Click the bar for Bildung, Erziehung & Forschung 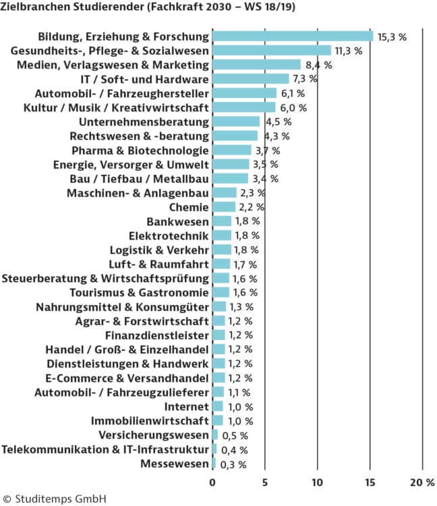click(x=292, y=36)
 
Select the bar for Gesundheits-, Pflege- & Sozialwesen click(x=271, y=50)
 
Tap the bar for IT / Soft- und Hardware click(x=250, y=79)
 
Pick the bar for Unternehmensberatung click(x=235, y=121)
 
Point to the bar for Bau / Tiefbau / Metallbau click(x=230, y=179)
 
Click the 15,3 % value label click(x=392, y=36)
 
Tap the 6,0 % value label click(x=293, y=107)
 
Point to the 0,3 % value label click(x=233, y=464)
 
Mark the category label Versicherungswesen click(x=153, y=435)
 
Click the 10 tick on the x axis click(x=317, y=483)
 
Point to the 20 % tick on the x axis click(x=421, y=483)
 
